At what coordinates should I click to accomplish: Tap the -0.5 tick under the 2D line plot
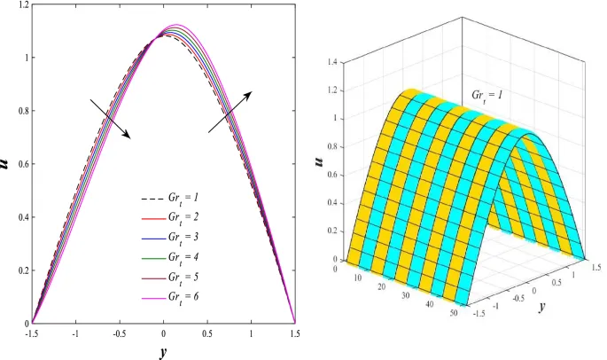coord(121,333)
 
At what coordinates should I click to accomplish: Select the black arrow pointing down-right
coord(111,119)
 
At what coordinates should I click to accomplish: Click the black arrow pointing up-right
coord(230,112)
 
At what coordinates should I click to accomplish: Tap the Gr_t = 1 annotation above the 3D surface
coord(486,92)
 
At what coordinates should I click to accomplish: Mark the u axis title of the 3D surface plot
coord(318,161)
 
